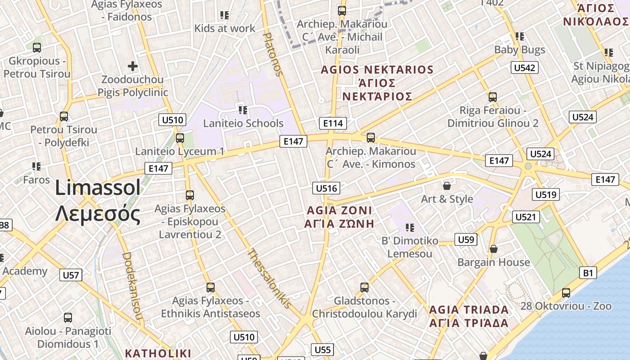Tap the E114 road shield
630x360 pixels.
333,123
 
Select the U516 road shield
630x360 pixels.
326,188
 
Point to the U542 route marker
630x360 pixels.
525,67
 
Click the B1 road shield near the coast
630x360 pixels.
588,272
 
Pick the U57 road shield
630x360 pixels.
71,275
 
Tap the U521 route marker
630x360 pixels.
526,217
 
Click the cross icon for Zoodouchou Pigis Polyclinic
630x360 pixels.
133,67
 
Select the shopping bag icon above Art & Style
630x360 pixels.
447,186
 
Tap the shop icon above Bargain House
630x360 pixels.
494,249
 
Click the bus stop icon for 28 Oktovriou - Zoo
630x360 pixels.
566,293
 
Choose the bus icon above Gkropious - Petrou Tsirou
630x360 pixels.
37,47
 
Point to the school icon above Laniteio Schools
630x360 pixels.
243,110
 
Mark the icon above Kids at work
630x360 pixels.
225,15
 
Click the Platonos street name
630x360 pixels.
273,54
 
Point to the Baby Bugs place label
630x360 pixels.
520,49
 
